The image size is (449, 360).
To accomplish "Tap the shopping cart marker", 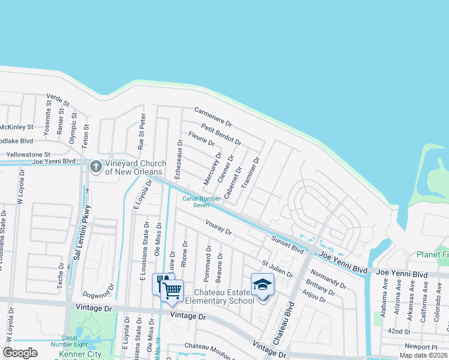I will click(x=172, y=290).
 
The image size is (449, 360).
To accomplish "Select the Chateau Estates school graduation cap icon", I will click(x=262, y=284).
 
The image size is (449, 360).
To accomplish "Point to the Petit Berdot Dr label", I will click(x=221, y=134).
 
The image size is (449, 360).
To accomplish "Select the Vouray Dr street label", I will click(x=218, y=230).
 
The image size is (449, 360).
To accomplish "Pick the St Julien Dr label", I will click(x=277, y=268).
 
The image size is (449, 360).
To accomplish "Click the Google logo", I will click(x=20, y=353).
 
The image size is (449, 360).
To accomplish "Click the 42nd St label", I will click(x=399, y=331).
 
